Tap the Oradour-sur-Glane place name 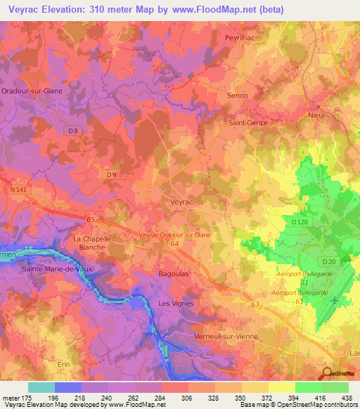click(30, 91)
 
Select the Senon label click(238, 95)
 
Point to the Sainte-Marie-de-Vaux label click(57, 268)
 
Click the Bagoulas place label click(174, 275)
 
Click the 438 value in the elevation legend click(347, 398)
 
